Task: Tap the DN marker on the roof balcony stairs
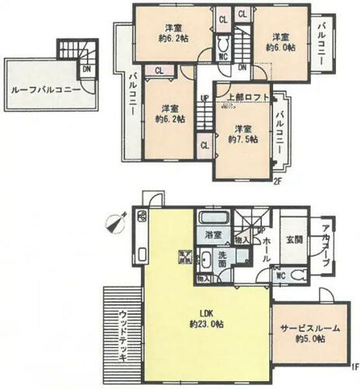pyautogui.click(x=65, y=68)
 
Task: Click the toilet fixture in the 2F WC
pyautogui.click(x=223, y=44)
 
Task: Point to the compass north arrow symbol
pyautogui.click(x=117, y=223)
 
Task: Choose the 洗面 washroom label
pyautogui.click(x=222, y=261)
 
